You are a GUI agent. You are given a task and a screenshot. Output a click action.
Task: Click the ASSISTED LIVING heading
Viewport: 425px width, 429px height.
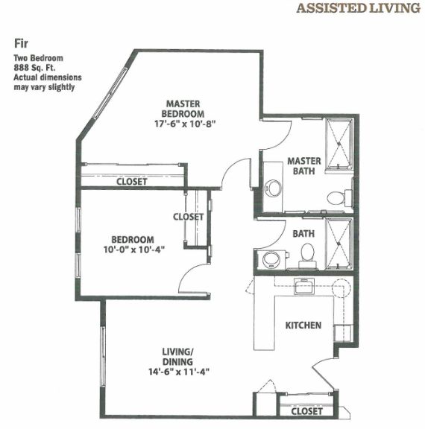click(x=358, y=9)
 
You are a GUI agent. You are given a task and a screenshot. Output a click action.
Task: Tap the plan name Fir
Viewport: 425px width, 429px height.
click(x=21, y=44)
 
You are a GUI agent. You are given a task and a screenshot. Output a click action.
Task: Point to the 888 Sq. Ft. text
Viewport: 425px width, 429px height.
click(x=37, y=67)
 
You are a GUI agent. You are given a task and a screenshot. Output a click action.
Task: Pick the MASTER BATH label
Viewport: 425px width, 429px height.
click(x=304, y=165)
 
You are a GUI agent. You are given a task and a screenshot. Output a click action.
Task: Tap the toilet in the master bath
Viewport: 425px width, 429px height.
click(x=336, y=198)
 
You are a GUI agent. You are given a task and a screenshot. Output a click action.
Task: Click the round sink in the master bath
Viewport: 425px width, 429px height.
click(x=274, y=187)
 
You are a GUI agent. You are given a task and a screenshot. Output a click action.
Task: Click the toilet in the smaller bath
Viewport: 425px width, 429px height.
click(x=306, y=255)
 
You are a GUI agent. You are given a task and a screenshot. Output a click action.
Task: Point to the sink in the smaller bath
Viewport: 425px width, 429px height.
click(x=271, y=258)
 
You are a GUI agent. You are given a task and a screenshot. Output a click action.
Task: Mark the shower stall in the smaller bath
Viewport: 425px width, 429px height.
click(x=339, y=245)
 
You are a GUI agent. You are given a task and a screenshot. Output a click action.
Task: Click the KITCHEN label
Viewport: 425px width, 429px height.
click(x=303, y=325)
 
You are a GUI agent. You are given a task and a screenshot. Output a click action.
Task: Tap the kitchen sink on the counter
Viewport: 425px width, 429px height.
click(x=303, y=286)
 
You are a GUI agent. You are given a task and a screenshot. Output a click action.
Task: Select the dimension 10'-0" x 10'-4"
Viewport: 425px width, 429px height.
click(x=134, y=250)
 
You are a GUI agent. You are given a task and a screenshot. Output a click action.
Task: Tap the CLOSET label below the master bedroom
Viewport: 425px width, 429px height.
click(x=131, y=182)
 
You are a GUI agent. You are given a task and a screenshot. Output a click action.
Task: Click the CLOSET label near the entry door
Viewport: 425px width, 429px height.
click(x=306, y=411)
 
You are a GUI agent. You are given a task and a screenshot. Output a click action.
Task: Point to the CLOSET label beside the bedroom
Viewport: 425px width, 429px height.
click(x=188, y=217)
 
